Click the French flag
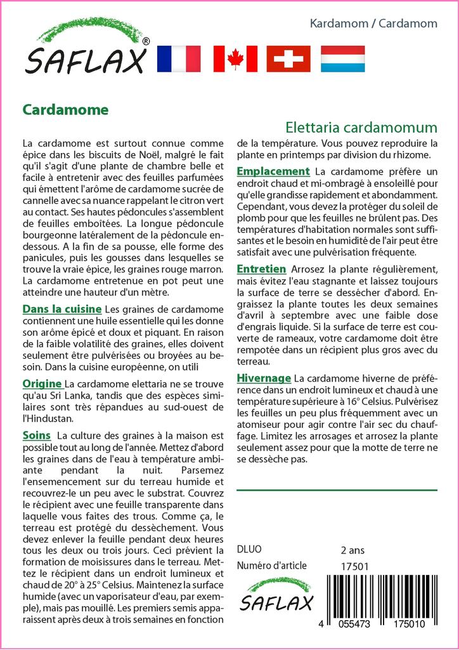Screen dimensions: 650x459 [x=178, y=59]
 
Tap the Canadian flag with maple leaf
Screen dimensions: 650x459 [x=235, y=59]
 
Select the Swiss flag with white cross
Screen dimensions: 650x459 [x=288, y=59]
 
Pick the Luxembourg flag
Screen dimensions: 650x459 [x=342, y=59]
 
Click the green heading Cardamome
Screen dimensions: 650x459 [x=65, y=110]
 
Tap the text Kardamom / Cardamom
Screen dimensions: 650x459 [x=373, y=23]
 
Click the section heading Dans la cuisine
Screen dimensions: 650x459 [x=61, y=309]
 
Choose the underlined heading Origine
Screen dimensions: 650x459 [x=42, y=383]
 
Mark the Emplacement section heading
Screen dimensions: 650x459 [x=273, y=171]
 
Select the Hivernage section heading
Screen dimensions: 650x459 [x=263, y=378]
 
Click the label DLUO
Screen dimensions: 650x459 [x=249, y=550]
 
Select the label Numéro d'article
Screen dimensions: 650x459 [x=271, y=566]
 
